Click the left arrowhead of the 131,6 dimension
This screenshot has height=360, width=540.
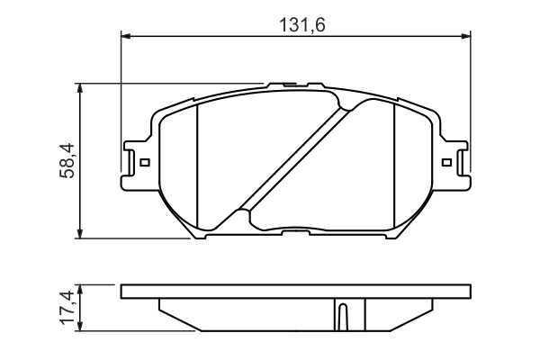[126, 36]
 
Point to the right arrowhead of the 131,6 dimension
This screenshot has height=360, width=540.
[466, 36]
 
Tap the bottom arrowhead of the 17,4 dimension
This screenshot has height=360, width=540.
[82, 327]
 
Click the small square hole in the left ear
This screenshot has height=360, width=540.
[144, 163]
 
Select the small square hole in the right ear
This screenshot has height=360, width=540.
[447, 163]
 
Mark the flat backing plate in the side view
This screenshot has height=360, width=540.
[295, 292]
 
